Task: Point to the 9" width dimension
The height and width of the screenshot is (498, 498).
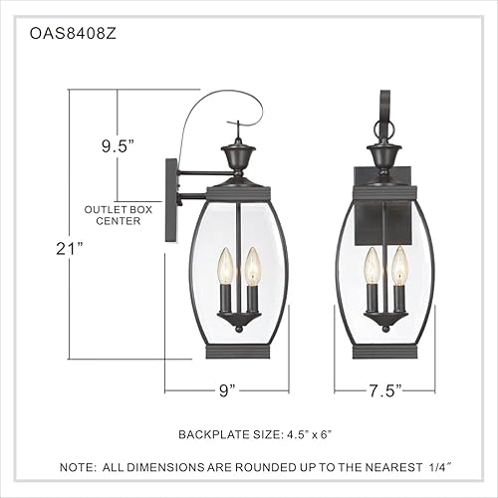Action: [227, 391]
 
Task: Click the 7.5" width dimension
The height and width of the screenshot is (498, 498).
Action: [383, 391]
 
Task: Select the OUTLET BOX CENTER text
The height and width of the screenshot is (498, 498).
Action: [118, 215]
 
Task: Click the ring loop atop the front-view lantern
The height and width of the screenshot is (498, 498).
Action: [384, 129]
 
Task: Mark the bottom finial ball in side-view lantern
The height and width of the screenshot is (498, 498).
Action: [238, 326]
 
